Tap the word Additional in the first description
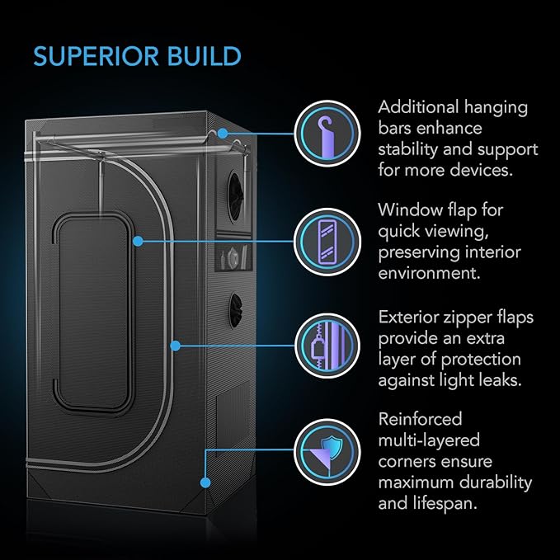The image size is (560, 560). [x=417, y=108]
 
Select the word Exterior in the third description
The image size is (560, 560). [x=410, y=318]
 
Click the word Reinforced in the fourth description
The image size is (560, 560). [x=420, y=420]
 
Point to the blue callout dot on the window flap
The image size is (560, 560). [x=137, y=240]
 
